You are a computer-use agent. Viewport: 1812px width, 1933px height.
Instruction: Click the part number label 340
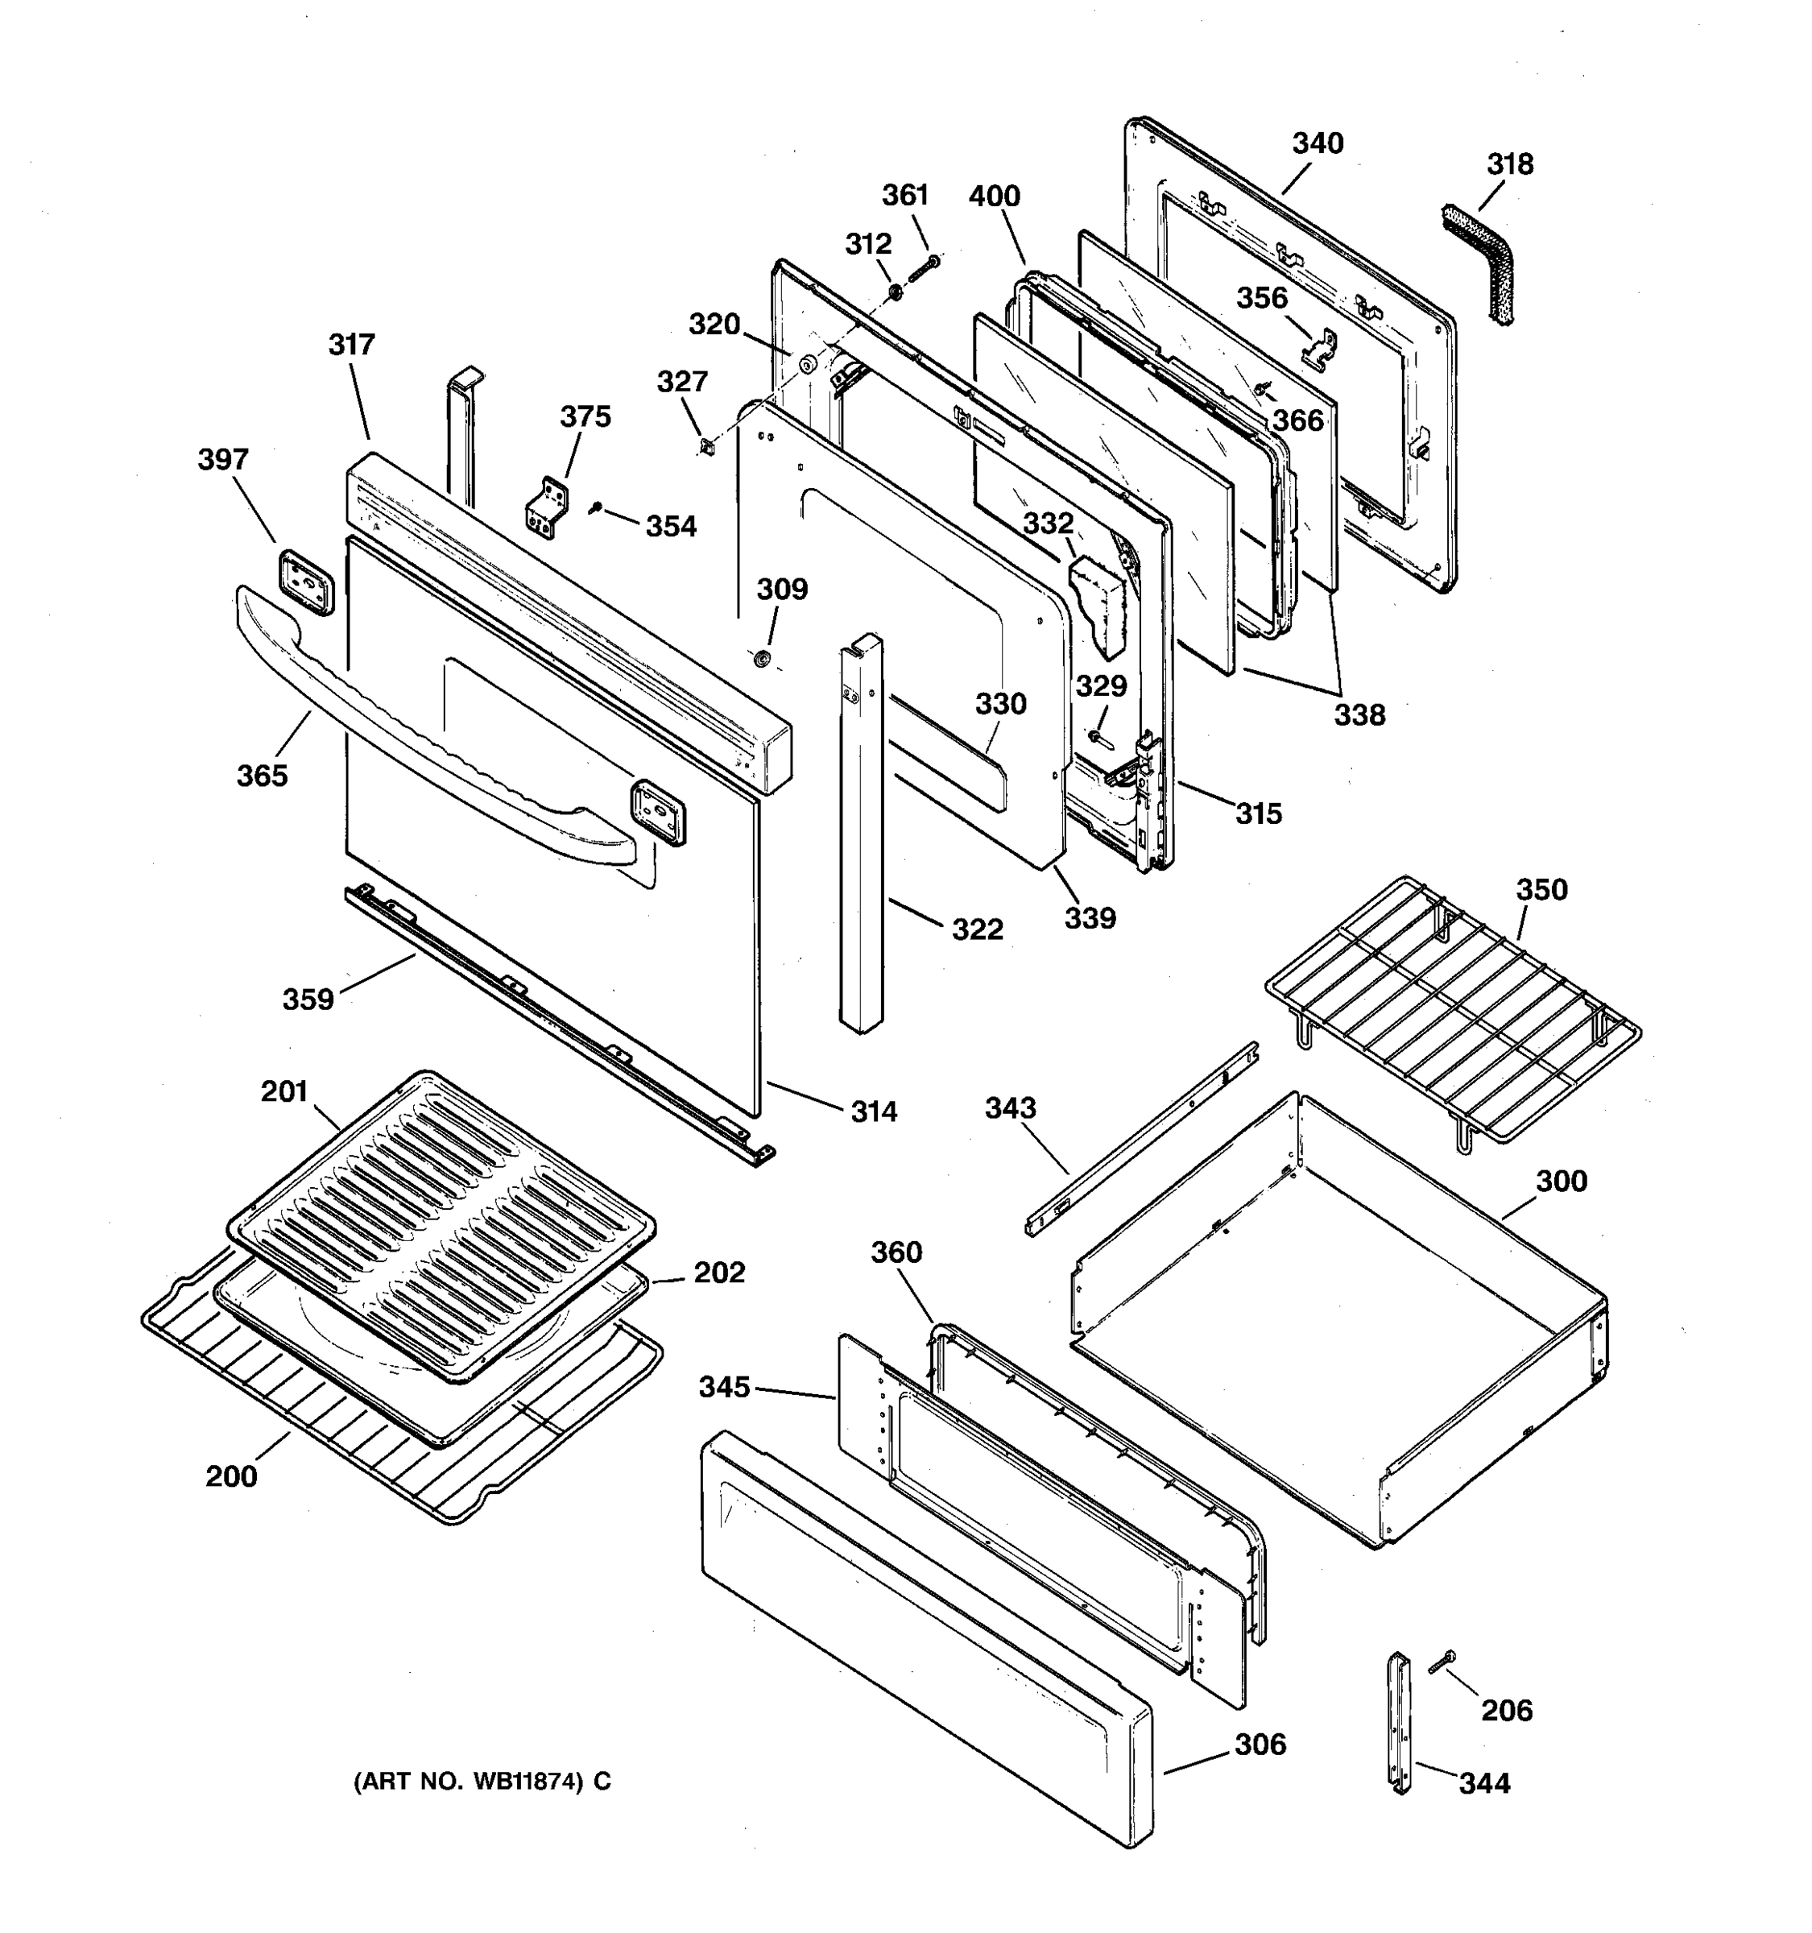pos(1318,144)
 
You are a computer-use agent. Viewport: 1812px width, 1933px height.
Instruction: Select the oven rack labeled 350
pos(1454,1012)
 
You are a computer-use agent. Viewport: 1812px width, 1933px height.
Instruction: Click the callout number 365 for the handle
pos(263,775)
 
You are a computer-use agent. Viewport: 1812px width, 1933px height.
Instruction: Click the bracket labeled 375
pos(548,506)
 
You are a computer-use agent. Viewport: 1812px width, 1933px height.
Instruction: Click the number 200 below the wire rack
pos(231,1476)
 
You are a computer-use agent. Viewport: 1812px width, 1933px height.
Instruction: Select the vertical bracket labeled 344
pos(1399,1722)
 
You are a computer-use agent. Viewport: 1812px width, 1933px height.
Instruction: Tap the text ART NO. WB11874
pos(482,1782)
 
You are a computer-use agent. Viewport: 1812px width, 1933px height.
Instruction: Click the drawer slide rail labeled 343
pos(1142,1140)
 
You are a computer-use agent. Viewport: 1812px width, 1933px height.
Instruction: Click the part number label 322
pos(977,929)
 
